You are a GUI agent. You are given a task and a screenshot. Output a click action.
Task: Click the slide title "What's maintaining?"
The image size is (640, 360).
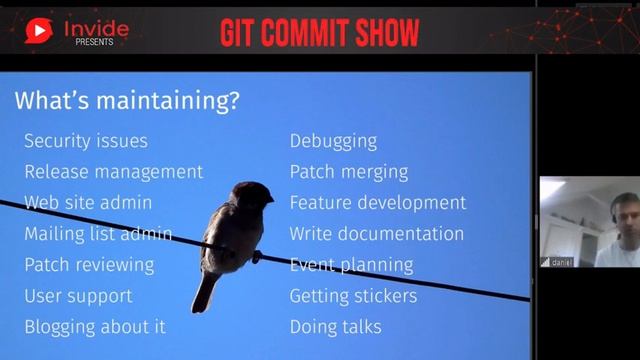tap(127, 101)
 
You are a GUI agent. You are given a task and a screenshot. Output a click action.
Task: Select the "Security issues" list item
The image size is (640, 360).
tap(86, 141)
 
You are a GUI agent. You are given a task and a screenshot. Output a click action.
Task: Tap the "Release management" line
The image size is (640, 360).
tap(113, 172)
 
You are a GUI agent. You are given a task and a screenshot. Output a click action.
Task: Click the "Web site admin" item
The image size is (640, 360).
tap(88, 202)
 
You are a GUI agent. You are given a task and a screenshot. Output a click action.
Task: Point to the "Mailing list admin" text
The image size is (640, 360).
tap(98, 234)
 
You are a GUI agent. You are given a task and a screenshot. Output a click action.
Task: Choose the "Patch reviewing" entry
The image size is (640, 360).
tap(89, 265)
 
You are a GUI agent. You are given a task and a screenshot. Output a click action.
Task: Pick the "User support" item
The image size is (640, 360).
tap(78, 296)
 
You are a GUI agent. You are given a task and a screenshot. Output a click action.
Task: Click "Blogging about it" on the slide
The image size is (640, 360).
tap(95, 327)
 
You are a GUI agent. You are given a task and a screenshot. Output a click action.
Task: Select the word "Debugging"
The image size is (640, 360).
tap(333, 141)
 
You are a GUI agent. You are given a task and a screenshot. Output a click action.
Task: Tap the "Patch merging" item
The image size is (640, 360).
tap(349, 172)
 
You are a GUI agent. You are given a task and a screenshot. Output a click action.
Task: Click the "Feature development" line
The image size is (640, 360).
tap(378, 202)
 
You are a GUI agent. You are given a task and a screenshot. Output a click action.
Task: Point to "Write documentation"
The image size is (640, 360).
tap(377, 234)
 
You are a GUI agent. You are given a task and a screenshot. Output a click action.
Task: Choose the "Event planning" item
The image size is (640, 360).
tap(351, 265)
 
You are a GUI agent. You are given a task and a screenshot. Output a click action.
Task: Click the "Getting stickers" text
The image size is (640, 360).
tap(354, 296)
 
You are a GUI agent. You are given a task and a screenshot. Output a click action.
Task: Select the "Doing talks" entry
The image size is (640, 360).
tap(336, 327)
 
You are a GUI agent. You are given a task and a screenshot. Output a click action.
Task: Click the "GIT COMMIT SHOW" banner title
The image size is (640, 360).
tap(320, 32)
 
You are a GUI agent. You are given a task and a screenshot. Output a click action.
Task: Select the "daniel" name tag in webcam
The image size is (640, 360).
tap(560, 262)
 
